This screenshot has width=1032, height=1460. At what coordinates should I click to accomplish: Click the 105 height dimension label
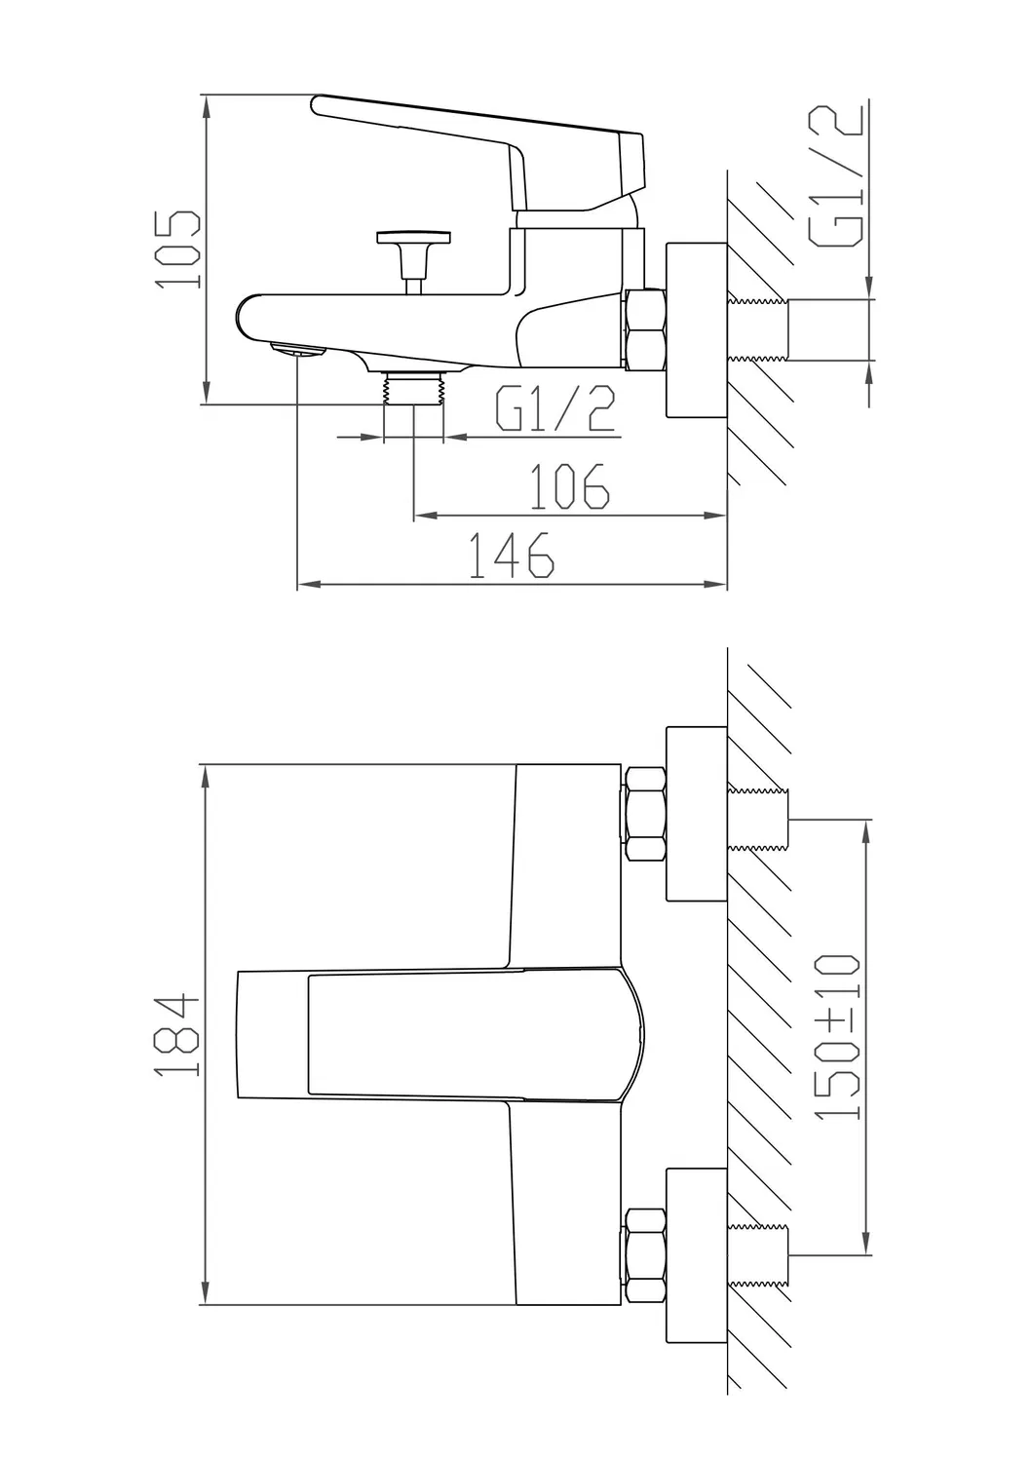(181, 249)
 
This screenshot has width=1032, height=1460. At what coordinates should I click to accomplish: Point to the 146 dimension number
(512, 557)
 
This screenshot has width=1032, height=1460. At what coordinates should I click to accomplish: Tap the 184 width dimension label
(179, 1034)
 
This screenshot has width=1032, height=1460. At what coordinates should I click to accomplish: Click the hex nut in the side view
(644, 329)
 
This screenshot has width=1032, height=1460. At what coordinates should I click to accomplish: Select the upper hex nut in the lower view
(644, 813)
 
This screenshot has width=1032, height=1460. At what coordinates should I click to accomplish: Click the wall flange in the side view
(696, 329)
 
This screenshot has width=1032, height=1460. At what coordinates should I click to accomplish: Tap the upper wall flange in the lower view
(696, 813)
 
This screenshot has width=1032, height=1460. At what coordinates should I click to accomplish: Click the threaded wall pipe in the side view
(760, 329)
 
